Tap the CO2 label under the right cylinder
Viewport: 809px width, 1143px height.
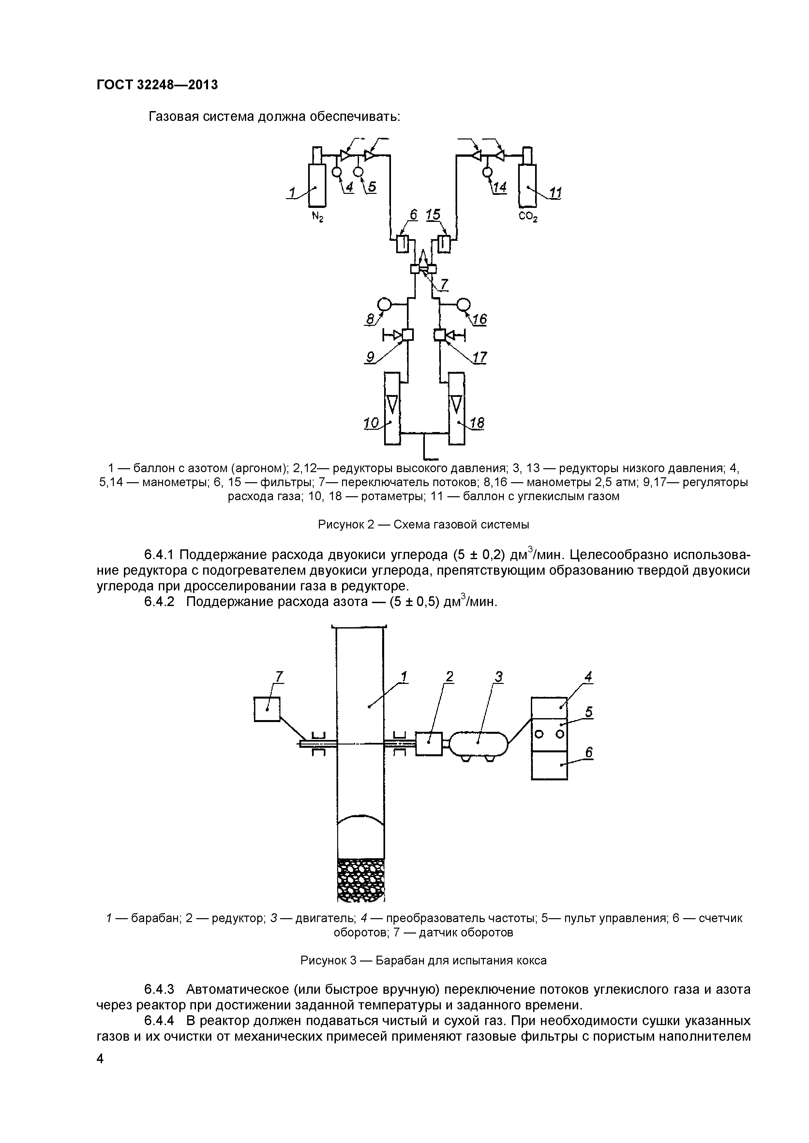click(x=528, y=217)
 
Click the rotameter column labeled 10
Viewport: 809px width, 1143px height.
click(x=393, y=408)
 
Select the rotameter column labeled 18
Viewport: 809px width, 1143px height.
click(x=456, y=408)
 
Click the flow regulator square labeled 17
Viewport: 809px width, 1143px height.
click(x=439, y=335)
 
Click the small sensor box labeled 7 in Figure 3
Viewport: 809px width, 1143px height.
click(x=267, y=709)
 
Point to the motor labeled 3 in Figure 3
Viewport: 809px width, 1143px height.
click(x=479, y=744)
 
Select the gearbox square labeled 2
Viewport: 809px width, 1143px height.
click(x=428, y=744)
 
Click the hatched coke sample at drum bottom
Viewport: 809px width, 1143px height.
click(x=361, y=880)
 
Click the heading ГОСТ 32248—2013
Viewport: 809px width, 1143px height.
click(x=157, y=85)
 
